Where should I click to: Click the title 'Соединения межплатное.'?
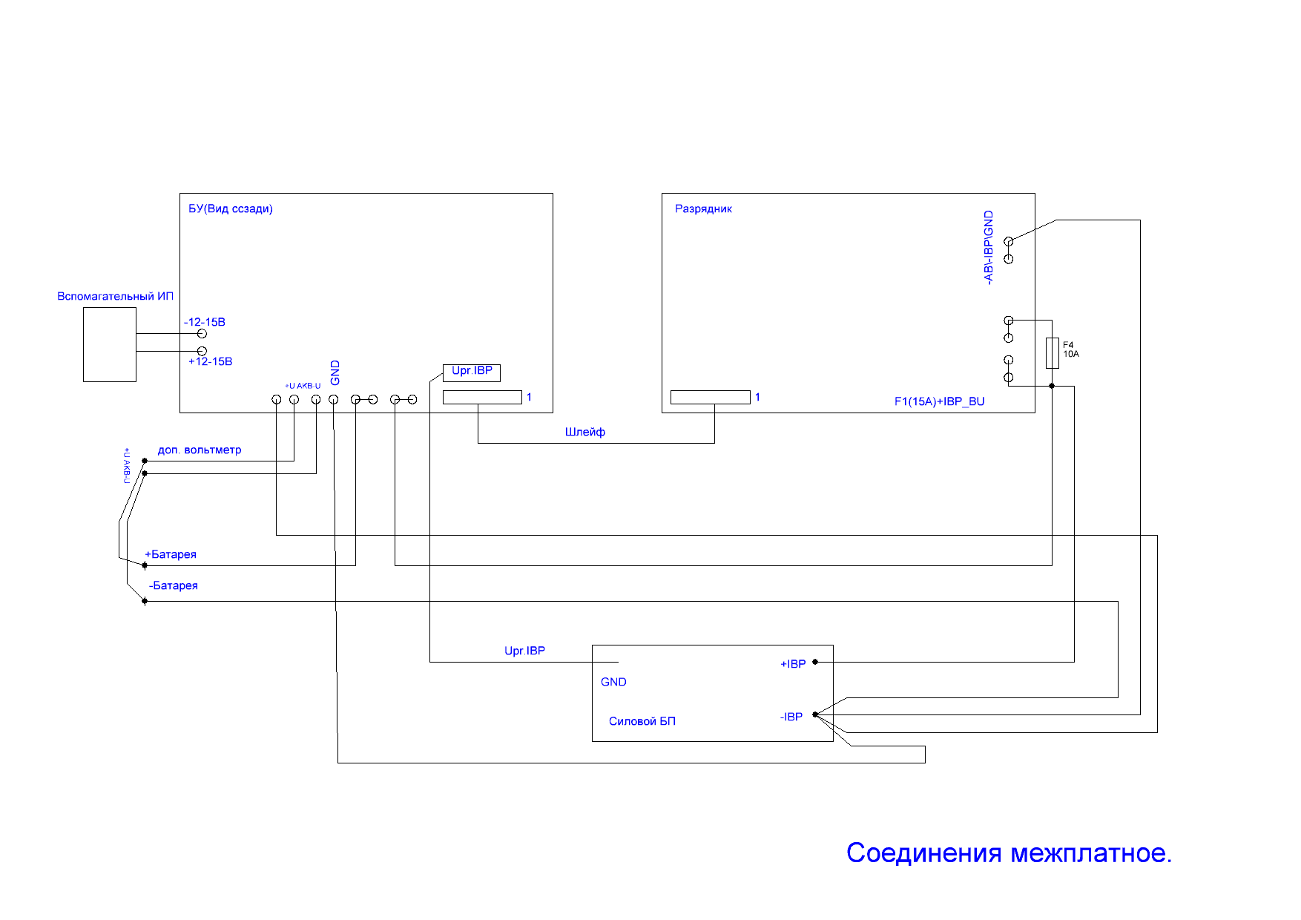coord(1009,853)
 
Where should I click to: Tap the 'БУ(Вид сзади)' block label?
coord(230,209)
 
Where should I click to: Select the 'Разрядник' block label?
coord(703,209)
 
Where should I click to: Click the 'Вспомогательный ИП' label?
coord(115,296)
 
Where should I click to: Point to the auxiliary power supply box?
coord(110,345)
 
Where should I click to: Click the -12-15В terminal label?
coord(205,322)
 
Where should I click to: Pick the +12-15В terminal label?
coord(210,361)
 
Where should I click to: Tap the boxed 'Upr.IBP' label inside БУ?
coord(472,371)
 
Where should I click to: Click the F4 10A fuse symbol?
coord(1052,353)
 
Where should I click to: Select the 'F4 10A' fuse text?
coord(1070,349)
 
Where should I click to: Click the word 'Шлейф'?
coord(584,432)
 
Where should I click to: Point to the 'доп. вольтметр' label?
coord(200,450)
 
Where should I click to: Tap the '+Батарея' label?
coord(171,554)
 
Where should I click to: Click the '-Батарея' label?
coord(174,585)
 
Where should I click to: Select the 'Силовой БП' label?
coord(642,721)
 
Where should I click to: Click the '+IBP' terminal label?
coord(793,664)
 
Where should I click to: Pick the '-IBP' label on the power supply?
coord(791,717)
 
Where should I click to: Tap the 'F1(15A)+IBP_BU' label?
coord(939,401)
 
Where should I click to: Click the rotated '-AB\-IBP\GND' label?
coord(988,248)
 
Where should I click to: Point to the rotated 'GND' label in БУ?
coord(335,372)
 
